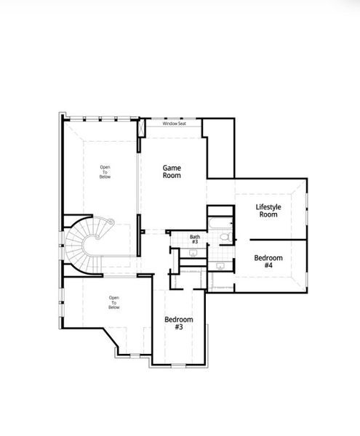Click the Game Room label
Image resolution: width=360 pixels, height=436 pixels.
pos(172,171)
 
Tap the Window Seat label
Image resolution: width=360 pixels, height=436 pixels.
pos(174,124)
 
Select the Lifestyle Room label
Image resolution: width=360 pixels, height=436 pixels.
pos(268,211)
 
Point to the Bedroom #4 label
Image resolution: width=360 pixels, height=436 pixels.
pos(268,262)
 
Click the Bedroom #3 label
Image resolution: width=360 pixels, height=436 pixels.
pos(178,323)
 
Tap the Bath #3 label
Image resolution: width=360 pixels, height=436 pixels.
pos(195,239)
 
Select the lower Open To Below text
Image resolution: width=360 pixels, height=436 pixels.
pos(113,302)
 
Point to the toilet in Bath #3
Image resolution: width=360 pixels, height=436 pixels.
pos(225,238)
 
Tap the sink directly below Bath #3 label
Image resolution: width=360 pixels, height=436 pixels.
pos(193,252)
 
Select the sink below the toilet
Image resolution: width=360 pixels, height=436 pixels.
pos(220,266)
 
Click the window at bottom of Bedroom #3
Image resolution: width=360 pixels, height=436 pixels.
pos(179,365)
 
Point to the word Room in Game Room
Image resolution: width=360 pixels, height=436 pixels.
pos(172,175)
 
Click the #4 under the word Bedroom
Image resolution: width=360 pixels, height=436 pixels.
pos(268,266)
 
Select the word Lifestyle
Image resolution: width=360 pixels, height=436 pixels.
pos(268,206)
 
